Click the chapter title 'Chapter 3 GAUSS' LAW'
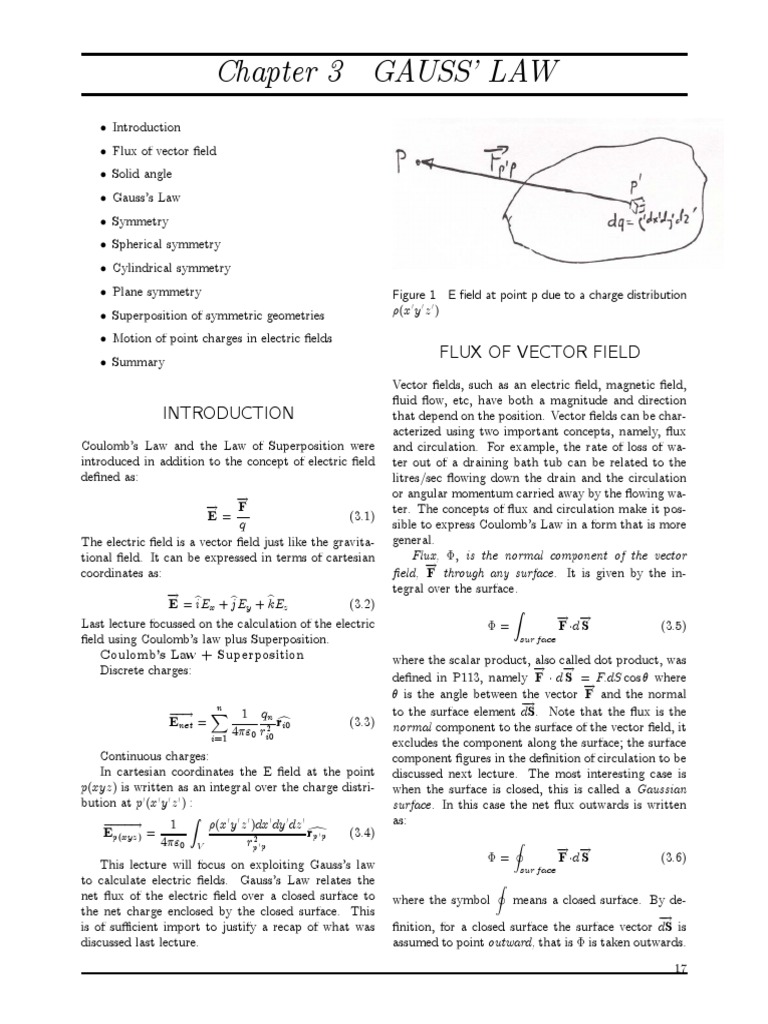point(383,73)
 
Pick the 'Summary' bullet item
point(139,363)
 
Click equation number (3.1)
point(360,517)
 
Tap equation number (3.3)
point(360,722)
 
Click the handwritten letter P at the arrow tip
point(404,159)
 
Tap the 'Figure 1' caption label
point(413,295)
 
